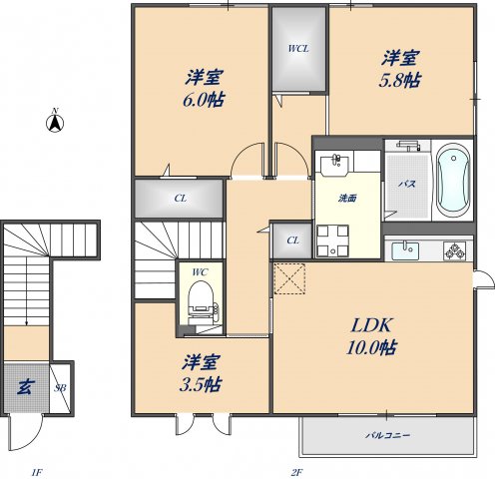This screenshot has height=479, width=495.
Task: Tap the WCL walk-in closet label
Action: [298, 49]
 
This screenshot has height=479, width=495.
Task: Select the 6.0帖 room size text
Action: [204, 100]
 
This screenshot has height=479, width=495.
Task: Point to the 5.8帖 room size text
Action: [400, 80]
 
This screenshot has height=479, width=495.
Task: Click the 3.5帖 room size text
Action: [201, 385]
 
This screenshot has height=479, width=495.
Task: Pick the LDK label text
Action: [371, 325]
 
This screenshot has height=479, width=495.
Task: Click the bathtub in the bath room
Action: [453, 181]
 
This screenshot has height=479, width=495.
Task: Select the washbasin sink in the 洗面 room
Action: [334, 166]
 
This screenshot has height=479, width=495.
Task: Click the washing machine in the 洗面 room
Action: [332, 241]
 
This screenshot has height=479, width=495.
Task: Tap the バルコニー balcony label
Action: [388, 435]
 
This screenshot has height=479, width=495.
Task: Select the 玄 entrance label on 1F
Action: [25, 387]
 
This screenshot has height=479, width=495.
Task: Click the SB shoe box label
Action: [60, 387]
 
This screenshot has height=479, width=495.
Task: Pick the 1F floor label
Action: [37, 472]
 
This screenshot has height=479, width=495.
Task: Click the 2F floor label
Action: [296, 472]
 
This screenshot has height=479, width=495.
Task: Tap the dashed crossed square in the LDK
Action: [289, 278]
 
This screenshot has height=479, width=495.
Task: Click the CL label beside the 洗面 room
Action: [292, 240]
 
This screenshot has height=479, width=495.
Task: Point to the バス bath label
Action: [407, 184]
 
